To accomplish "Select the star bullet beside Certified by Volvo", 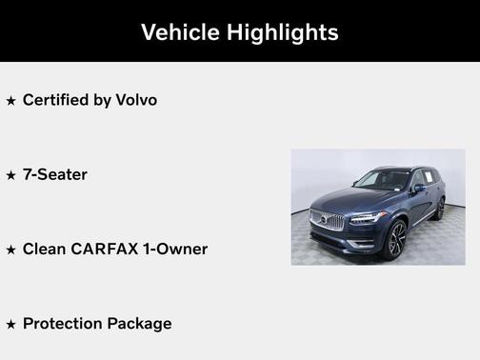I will click(x=11, y=100).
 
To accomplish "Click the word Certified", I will click(x=60, y=99).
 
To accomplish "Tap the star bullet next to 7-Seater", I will click(x=11, y=175).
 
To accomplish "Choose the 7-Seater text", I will click(x=55, y=174).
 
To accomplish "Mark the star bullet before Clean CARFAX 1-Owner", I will click(x=11, y=250).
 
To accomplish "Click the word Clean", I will click(x=45, y=249).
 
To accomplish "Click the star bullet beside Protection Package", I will click(x=11, y=325).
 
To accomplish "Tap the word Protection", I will click(x=65, y=324).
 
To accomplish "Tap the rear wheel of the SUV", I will click(x=440, y=209).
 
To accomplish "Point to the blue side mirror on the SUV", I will click(x=419, y=188).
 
